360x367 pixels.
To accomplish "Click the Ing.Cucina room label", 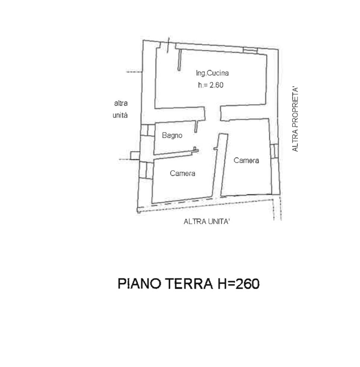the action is pyautogui.click(x=212, y=73).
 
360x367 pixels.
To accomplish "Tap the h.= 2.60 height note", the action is pyautogui.click(x=211, y=85).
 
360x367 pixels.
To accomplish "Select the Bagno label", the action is pyautogui.click(x=172, y=135).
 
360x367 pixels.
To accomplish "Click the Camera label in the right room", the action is pyautogui.click(x=246, y=160).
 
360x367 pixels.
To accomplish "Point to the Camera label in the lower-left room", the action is pyautogui.click(x=182, y=173).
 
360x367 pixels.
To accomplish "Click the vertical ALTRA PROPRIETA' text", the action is pyautogui.click(x=295, y=119).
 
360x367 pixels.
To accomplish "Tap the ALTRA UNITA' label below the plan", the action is pyautogui.click(x=206, y=221).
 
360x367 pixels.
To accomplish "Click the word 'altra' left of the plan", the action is pyautogui.click(x=121, y=103).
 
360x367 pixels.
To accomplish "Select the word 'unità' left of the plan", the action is pyautogui.click(x=120, y=115).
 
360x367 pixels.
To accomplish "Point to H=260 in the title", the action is pyautogui.click(x=239, y=284).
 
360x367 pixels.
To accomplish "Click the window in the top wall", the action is pyautogui.click(x=250, y=50).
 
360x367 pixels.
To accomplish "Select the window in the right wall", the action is pyautogui.click(x=274, y=151).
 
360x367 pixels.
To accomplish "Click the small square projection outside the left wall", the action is pyautogui.click(x=135, y=156).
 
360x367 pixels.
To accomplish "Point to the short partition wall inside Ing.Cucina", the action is pyautogui.click(x=180, y=60).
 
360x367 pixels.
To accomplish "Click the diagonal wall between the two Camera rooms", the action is pyautogui.click(x=220, y=165).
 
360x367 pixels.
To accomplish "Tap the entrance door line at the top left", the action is pyautogui.click(x=168, y=45).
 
